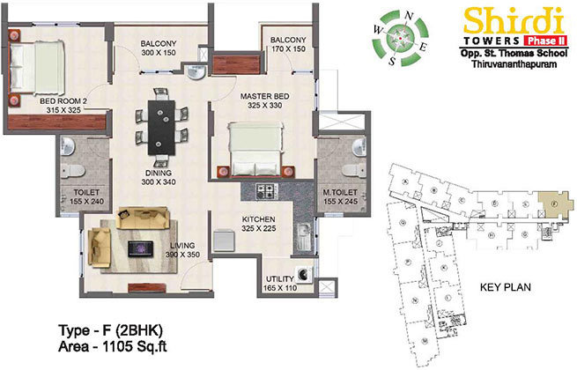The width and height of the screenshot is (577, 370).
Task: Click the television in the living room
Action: (137, 248)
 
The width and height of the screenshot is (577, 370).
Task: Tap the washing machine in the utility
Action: (305, 274)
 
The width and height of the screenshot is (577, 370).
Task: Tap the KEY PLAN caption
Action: (502, 287)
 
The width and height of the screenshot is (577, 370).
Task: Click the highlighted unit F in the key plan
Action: (552, 203)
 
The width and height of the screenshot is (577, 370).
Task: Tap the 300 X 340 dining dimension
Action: (159, 182)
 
